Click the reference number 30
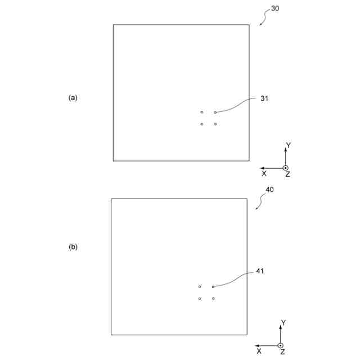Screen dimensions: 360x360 coord(274,8)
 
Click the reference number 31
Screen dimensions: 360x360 coord(264,98)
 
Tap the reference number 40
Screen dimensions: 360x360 coord(270,190)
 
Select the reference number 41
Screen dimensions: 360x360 coord(260,271)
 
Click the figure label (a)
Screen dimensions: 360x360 coord(73,97)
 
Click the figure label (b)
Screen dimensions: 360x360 coord(73,246)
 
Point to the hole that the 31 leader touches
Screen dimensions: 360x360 coord(215,112)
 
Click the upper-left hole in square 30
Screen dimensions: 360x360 coord(202,112)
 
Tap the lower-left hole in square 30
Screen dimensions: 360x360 coord(202,124)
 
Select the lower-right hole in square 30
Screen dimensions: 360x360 coord(215,124)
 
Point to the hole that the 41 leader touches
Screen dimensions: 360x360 coord(213,287)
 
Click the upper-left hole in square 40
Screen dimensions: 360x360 coord(200,287)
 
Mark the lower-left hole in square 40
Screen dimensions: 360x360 coord(200,299)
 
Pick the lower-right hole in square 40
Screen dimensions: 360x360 coord(213,299)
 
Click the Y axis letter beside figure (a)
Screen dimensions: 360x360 coord(289,145)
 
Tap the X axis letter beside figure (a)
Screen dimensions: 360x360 coord(264,174)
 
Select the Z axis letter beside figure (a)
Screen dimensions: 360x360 coord(287,175)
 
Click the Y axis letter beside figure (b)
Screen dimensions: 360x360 coord(283,323)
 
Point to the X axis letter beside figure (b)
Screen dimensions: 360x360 coord(259,352)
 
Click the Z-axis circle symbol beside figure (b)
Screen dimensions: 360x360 coord(281,345)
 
